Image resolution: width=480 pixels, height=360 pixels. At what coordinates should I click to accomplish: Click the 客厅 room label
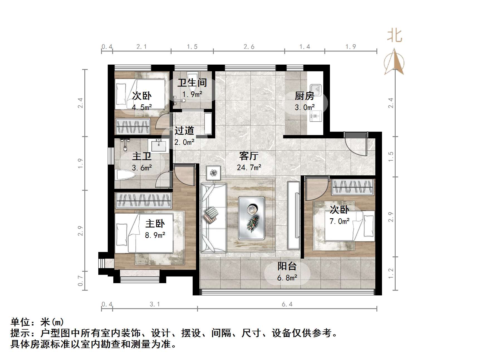tap(249, 156)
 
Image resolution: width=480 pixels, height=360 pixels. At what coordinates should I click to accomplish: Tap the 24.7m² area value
tap(249, 168)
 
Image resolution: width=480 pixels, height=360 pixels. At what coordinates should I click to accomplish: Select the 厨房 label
tap(305, 96)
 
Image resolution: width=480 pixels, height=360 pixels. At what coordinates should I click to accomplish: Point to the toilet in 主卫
tap(125, 175)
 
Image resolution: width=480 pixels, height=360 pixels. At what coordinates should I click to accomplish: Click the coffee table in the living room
tap(251, 218)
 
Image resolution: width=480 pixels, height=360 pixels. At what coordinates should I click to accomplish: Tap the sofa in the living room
tap(213, 218)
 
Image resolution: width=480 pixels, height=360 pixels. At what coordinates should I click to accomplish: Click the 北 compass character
tap(395, 36)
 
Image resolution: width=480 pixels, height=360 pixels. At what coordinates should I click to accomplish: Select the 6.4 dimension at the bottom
tap(287, 304)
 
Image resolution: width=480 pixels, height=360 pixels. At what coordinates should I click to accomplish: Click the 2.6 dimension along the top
tap(249, 47)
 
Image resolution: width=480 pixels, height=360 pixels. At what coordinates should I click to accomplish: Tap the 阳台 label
tap(287, 266)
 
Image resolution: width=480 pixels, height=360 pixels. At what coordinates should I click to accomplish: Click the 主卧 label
tap(155, 224)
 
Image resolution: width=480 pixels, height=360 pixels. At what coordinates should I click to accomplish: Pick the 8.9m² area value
tap(155, 235)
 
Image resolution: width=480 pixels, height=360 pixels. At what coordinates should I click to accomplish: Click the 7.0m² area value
tap(339, 221)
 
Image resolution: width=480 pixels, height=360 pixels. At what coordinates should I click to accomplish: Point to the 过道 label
tap(184, 130)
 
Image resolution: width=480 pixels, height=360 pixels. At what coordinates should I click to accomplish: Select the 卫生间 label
tap(192, 83)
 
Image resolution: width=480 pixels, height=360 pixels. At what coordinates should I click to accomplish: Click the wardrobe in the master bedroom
tap(143, 200)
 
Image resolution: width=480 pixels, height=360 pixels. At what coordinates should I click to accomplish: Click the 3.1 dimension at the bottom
tap(155, 304)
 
